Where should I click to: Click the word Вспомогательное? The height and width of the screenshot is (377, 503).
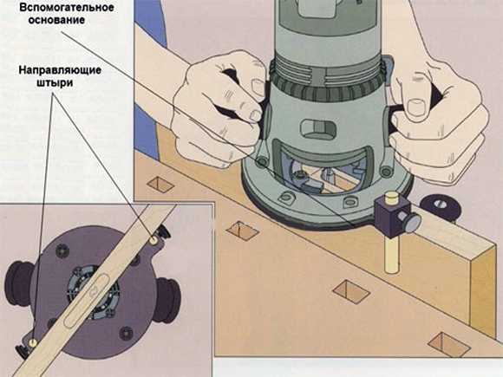point(67,8)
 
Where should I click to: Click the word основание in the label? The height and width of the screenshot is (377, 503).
point(56,20)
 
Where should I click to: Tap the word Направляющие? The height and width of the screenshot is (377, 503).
point(60,70)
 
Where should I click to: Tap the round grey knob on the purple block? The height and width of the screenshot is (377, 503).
point(413,222)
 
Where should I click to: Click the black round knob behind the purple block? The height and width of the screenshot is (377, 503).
point(441,208)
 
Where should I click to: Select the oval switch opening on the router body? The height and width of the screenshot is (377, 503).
point(318,129)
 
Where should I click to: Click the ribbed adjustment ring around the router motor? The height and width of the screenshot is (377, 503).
point(327,91)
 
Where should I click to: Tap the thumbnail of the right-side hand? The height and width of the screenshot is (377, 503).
point(417,107)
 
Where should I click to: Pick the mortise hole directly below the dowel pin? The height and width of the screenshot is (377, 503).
point(351,292)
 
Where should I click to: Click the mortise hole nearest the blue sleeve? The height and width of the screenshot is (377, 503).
point(160,185)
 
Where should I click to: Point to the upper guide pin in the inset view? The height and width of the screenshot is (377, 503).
point(154,239)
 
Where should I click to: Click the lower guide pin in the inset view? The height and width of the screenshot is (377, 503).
point(32,342)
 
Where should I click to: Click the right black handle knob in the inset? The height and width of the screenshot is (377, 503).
point(167,300)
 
